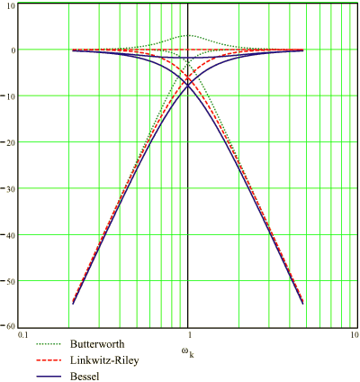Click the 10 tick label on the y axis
pos(11,6)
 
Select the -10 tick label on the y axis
pos(9,96)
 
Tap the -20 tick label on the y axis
pos(9,142)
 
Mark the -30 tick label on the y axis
pos(9,188)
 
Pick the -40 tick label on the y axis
pos(9,234)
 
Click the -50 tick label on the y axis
pos(9,280)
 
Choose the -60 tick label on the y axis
pos(9,324)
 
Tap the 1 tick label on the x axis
pos(187,335)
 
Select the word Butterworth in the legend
pos(105,344)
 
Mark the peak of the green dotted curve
pos(187,35)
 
